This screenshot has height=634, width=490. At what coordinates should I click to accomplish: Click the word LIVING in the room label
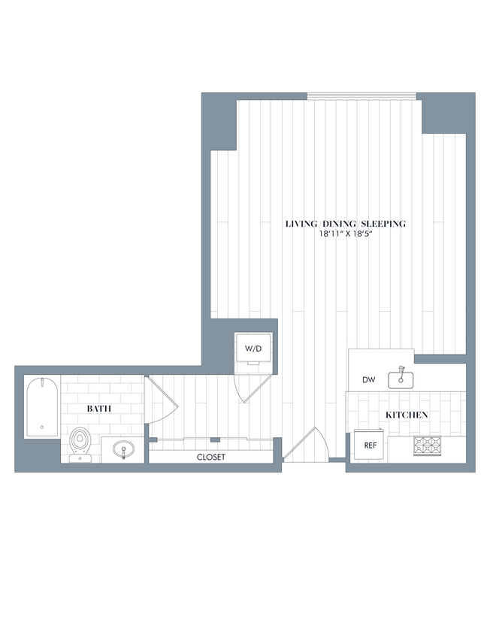click(x=301, y=224)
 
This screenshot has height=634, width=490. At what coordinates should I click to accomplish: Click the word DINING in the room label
click(x=338, y=224)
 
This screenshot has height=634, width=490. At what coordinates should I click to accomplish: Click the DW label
click(x=368, y=380)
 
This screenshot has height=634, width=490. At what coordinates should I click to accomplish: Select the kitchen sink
click(x=401, y=379)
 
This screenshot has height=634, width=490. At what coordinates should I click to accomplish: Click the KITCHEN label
click(x=407, y=415)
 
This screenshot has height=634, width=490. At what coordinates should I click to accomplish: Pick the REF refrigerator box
click(x=370, y=445)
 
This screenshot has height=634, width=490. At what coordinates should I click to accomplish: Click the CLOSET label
click(x=211, y=457)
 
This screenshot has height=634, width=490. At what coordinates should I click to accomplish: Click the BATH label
click(x=99, y=409)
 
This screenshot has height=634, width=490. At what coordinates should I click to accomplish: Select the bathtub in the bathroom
click(x=42, y=408)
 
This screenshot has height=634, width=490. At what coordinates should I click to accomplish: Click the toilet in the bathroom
click(x=79, y=442)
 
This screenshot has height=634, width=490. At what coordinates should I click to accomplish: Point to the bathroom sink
click(x=122, y=450)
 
